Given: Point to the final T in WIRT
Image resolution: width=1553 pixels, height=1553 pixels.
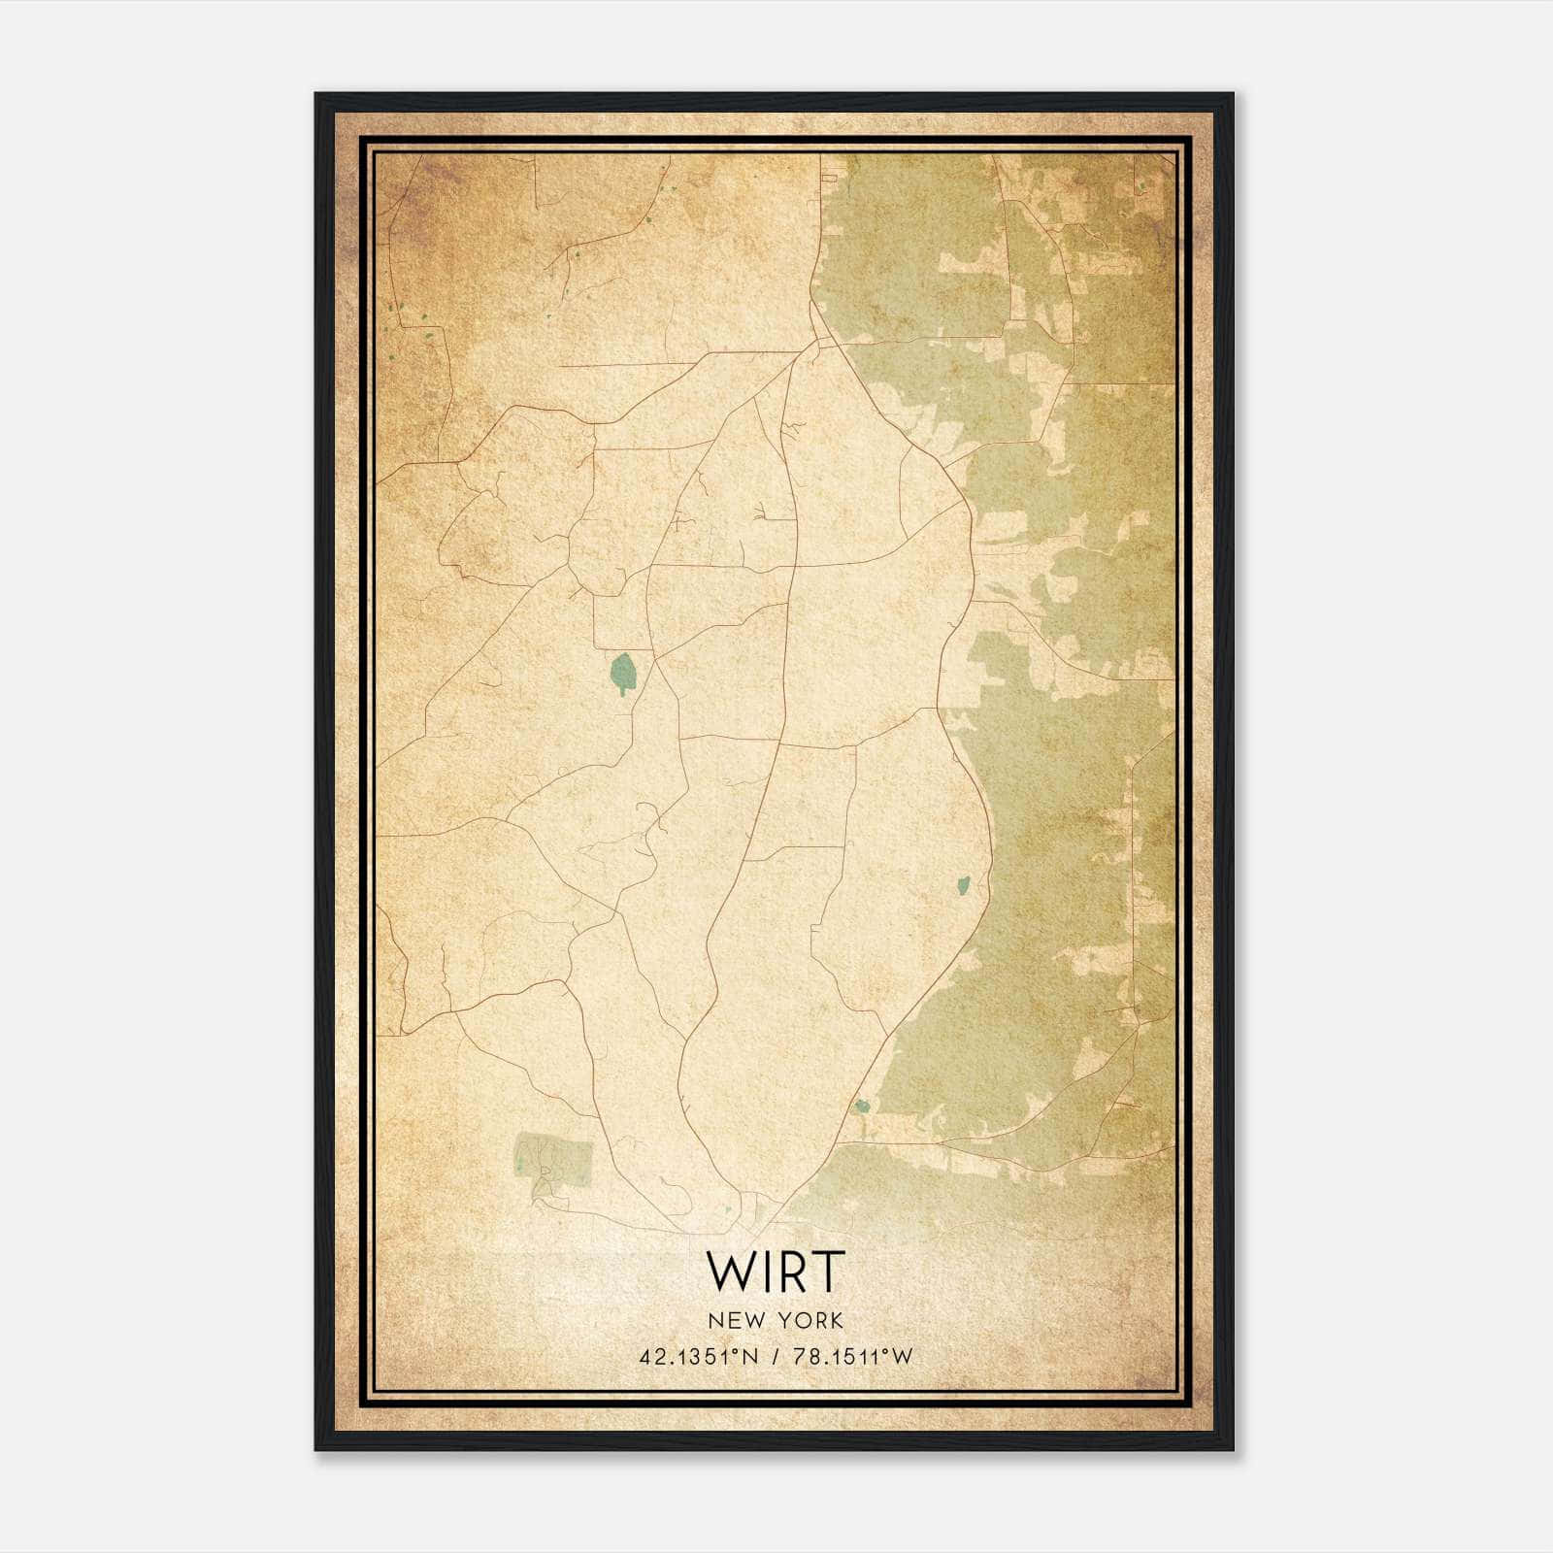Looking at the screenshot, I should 830,1272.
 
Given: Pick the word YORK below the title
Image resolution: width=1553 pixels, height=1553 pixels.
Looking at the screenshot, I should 808,1320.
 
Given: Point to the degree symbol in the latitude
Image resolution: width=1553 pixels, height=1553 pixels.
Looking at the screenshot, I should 744,1352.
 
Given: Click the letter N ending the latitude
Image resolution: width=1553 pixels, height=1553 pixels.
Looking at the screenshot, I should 754,1357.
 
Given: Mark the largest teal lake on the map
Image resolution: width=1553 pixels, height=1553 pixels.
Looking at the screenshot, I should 621,671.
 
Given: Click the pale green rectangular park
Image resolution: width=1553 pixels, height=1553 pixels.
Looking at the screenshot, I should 553,1161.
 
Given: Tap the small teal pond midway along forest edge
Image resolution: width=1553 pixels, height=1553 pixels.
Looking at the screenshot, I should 963,885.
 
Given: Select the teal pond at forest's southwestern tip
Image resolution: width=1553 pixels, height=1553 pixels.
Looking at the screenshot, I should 860,1105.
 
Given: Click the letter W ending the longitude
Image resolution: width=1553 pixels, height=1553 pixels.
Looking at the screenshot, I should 904,1357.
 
